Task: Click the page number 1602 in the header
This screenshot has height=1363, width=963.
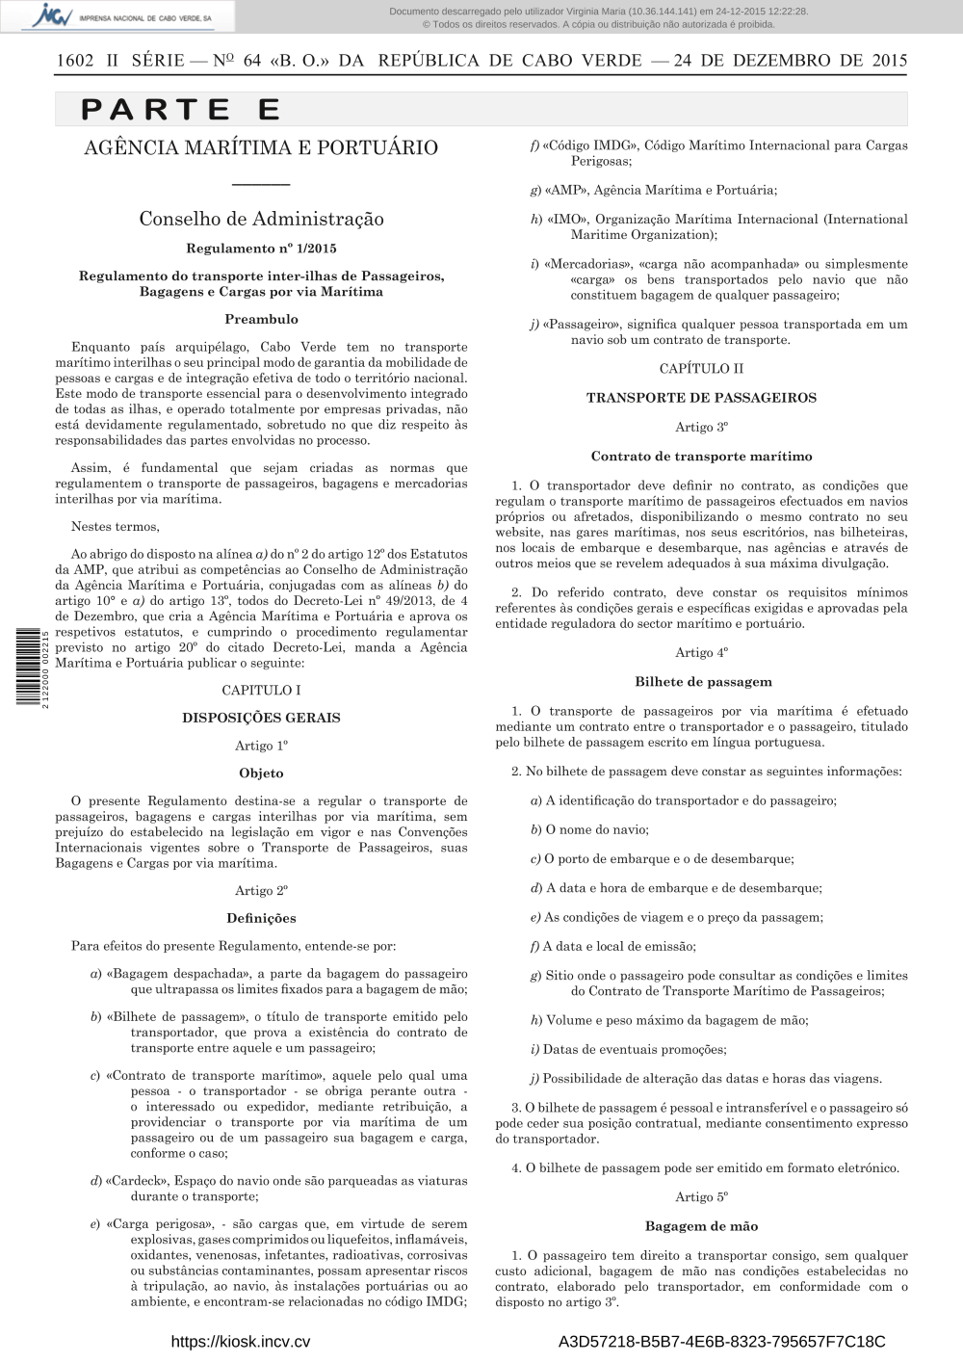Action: [75, 60]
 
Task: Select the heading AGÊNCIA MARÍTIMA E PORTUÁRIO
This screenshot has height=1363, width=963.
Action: [261, 147]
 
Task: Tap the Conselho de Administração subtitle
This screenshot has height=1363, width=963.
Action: [261, 219]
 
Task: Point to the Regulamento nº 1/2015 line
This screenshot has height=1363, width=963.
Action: [261, 249]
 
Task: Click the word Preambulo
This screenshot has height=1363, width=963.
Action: [261, 319]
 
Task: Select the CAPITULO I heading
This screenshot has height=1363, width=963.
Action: [261, 690]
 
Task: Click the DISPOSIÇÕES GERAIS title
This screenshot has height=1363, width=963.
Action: [261, 718]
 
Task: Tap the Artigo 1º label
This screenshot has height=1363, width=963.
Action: [261, 746]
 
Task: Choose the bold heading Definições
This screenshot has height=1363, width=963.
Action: [261, 918]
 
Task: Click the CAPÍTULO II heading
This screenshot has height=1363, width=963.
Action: [701, 368]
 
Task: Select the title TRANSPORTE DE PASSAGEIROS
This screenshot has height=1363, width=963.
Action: [701, 397]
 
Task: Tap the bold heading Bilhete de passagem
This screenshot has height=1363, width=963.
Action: [702, 682]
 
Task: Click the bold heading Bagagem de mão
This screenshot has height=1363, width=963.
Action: [701, 1226]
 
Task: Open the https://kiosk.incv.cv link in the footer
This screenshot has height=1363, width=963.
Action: [240, 1342]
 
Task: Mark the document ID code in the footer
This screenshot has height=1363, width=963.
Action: [721, 1342]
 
